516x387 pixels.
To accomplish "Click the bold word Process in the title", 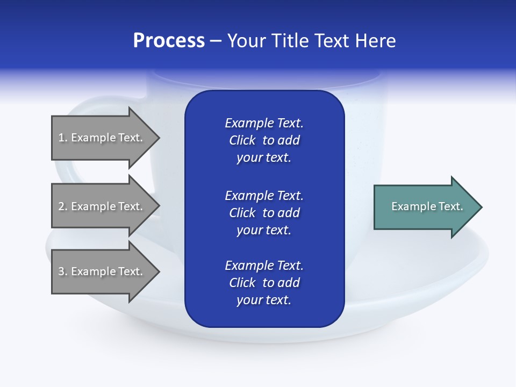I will tap(169, 41).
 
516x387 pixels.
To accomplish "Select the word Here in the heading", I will tap(374, 41).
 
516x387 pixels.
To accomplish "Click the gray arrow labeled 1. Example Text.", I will tap(102, 138).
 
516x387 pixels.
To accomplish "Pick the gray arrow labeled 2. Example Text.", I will tap(102, 206).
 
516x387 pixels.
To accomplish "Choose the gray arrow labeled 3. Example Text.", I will tap(102, 271).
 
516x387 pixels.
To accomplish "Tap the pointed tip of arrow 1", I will tap(158, 138).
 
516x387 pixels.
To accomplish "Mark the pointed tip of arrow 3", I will tap(158, 271).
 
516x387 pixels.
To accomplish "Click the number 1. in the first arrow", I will tap(62, 138).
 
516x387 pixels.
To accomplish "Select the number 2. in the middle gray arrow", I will tap(62, 206).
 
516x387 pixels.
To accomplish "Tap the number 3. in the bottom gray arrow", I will tap(62, 271).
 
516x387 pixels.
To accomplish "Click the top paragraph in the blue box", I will tap(264, 140).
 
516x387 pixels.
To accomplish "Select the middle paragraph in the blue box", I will tap(264, 212).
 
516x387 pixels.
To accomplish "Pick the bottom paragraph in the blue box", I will tap(264, 283).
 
